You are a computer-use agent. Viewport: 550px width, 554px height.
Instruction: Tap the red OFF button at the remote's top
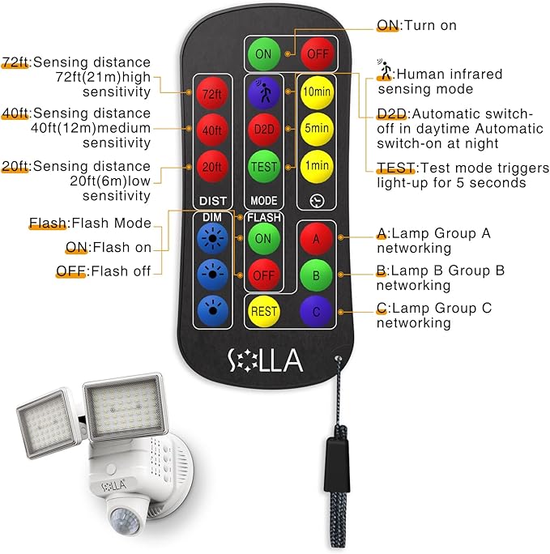315,53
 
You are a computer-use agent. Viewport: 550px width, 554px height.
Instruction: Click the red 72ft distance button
211,95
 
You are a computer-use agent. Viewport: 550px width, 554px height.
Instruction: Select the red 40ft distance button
211,130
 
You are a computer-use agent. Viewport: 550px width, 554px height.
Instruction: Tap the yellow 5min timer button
317,128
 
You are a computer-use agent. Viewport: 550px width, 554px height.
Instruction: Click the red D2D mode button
264,130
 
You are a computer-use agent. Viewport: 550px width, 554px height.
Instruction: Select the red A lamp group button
316,239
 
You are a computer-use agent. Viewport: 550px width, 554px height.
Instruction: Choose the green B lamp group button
316,274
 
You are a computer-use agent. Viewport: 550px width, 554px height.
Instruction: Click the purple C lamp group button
316,309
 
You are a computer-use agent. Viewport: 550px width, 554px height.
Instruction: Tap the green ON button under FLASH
263,238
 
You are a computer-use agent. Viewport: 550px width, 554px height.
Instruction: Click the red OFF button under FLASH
263,274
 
